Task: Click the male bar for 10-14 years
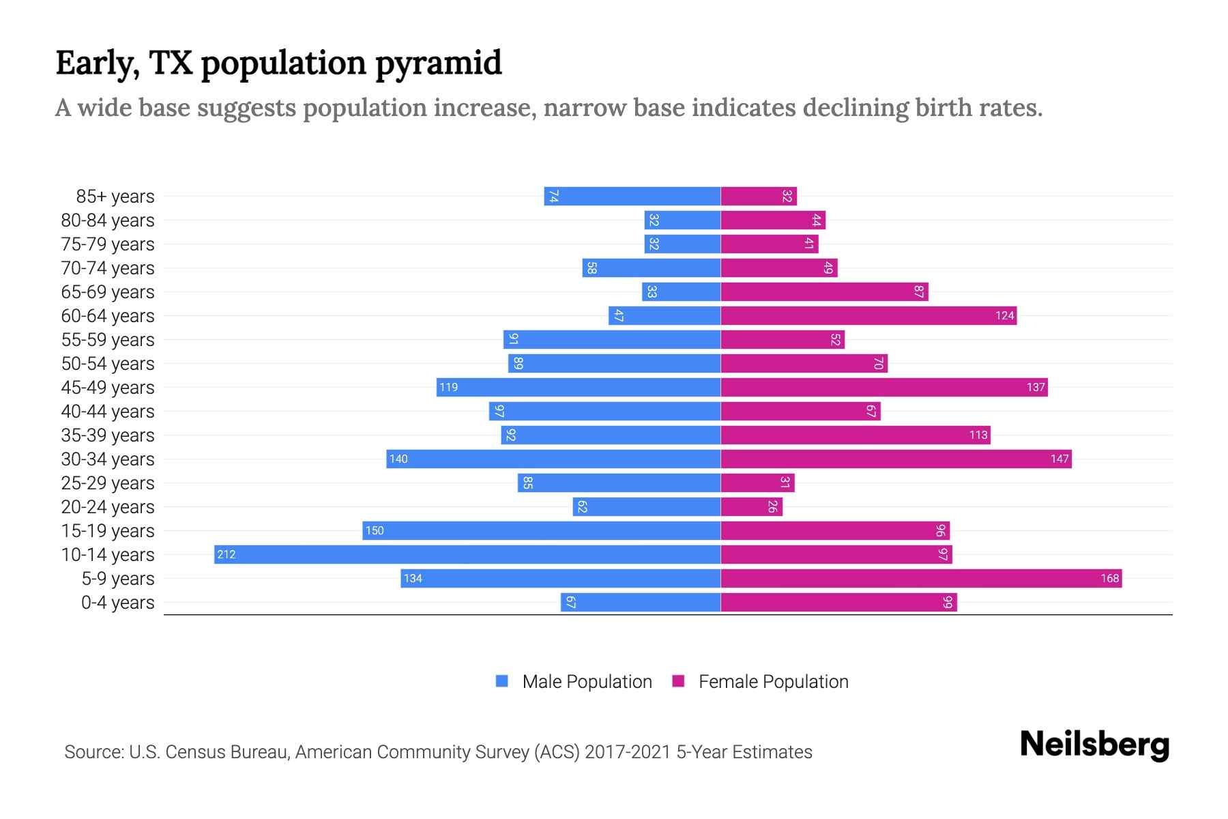tap(467, 554)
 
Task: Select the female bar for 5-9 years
tap(921, 579)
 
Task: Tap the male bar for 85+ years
tap(632, 196)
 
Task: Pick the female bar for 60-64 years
tap(868, 315)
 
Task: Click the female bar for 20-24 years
tap(751, 506)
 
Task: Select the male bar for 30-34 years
tap(553, 459)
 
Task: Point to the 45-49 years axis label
tap(108, 388)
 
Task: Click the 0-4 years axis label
tap(117, 603)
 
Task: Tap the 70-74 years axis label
tap(108, 268)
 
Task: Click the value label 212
tap(226, 555)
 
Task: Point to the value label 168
tap(1109, 579)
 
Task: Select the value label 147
tap(1059, 459)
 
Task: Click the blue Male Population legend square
tap(502, 681)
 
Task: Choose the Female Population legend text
tap(773, 682)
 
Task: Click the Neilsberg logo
tap(1094, 745)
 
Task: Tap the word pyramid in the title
tap(438, 63)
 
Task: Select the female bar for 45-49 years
tap(884, 387)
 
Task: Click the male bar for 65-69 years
tap(681, 291)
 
